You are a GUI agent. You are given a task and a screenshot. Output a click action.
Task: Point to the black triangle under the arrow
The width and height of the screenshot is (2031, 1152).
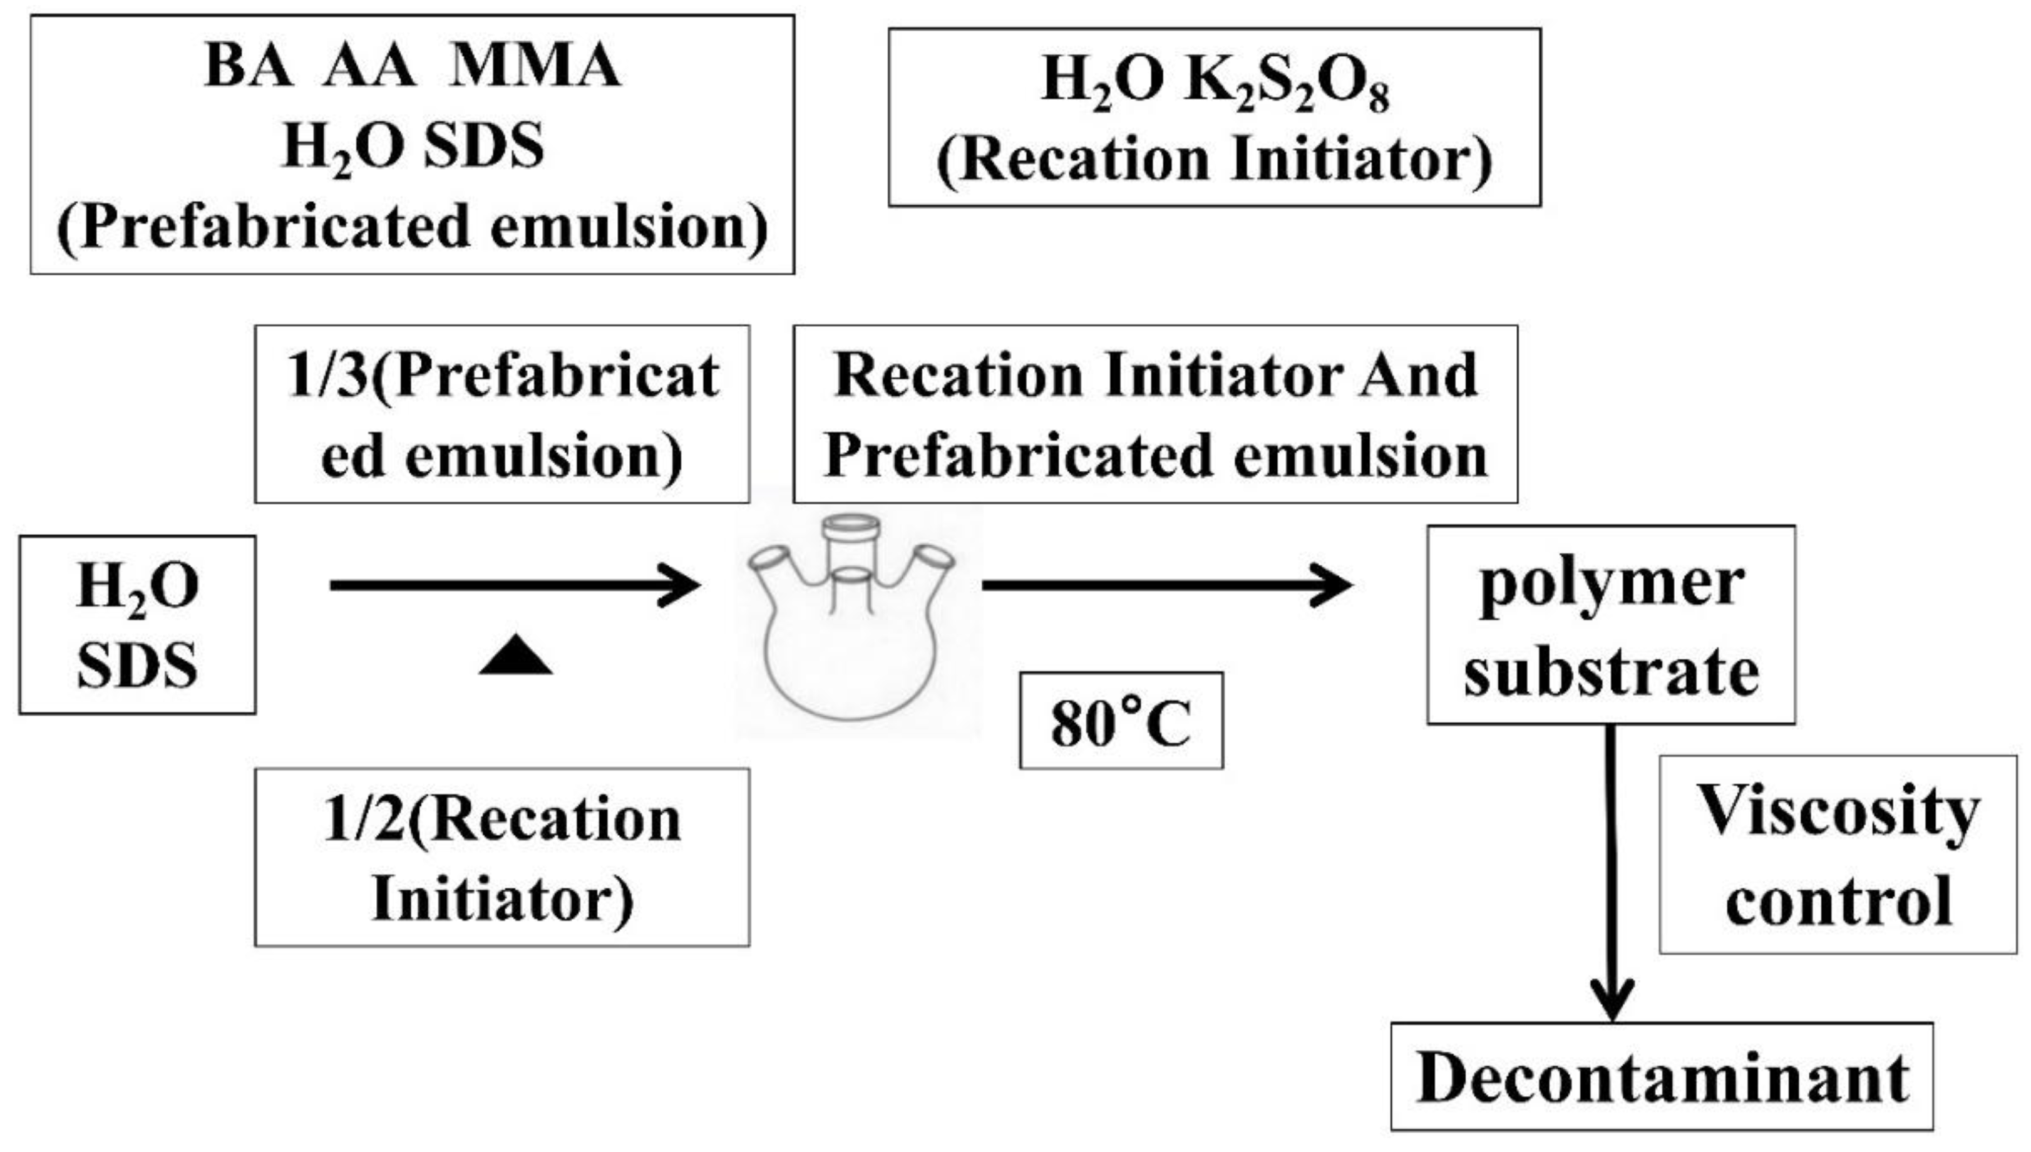[515, 655]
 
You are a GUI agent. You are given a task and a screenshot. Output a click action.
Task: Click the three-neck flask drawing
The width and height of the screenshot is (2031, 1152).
[853, 617]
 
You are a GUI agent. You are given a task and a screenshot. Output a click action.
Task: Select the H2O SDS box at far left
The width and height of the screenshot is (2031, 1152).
[137, 624]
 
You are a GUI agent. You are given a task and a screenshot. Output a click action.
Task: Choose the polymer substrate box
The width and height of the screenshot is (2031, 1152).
[1610, 624]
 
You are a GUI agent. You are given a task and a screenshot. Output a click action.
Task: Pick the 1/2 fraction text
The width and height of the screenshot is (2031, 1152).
[364, 820]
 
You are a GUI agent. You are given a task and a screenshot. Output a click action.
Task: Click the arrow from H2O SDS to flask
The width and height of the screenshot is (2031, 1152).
[514, 585]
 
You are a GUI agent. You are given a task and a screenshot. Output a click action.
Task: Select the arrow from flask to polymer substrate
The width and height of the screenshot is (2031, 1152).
[1167, 585]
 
